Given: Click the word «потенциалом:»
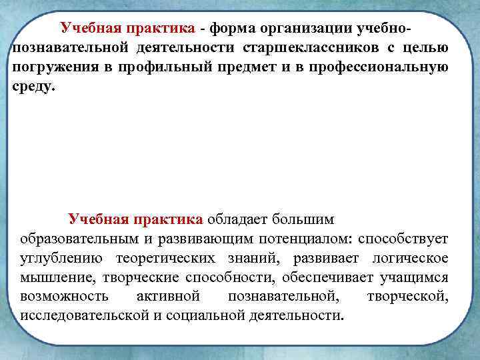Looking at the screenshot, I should point(307,238).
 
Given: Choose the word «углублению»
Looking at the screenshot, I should point(61,257).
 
